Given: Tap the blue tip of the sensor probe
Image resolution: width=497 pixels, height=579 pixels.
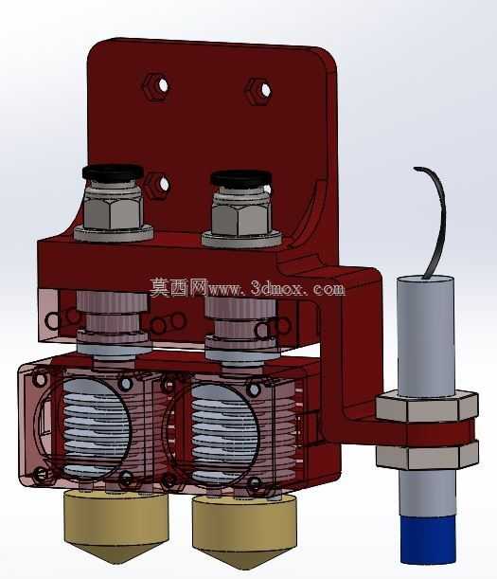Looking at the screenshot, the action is tap(428, 540).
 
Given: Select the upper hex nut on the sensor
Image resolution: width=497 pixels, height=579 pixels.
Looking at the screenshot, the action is tap(427, 407).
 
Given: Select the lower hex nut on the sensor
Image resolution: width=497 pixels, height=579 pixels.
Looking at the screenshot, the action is tap(427, 456).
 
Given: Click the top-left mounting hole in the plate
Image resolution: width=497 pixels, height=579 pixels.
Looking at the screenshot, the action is tap(163, 85).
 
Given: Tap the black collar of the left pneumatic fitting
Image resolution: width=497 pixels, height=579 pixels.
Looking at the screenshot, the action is tap(113, 172).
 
